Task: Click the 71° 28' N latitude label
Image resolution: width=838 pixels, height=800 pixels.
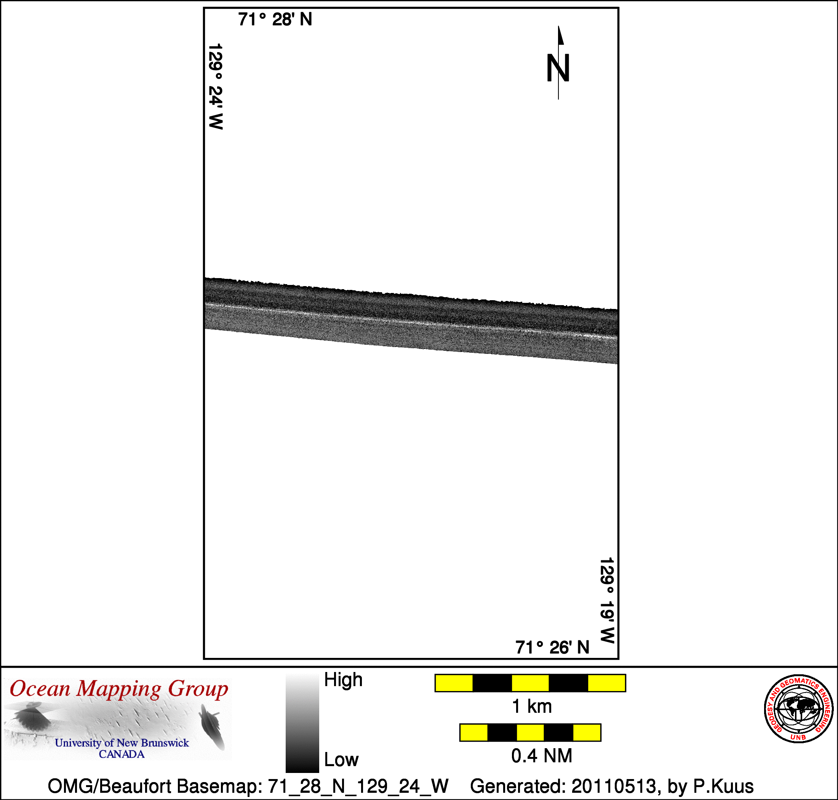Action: pyautogui.click(x=275, y=19)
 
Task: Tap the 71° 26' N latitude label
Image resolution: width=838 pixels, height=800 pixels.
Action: pyautogui.click(x=552, y=647)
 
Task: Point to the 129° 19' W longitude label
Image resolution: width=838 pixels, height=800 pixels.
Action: pyautogui.click(x=607, y=600)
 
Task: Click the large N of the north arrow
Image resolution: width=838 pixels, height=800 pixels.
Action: pyautogui.click(x=558, y=68)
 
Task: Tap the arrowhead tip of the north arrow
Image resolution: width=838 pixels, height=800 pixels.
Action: pyautogui.click(x=559, y=26)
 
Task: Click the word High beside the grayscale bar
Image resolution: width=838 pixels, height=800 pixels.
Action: pyautogui.click(x=343, y=680)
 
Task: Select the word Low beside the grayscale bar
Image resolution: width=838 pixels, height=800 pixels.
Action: pyautogui.click(x=341, y=760)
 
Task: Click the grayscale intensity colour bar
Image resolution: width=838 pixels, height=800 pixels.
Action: pyautogui.click(x=302, y=722)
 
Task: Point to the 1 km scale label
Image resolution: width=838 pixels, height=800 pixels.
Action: pyautogui.click(x=532, y=707)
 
